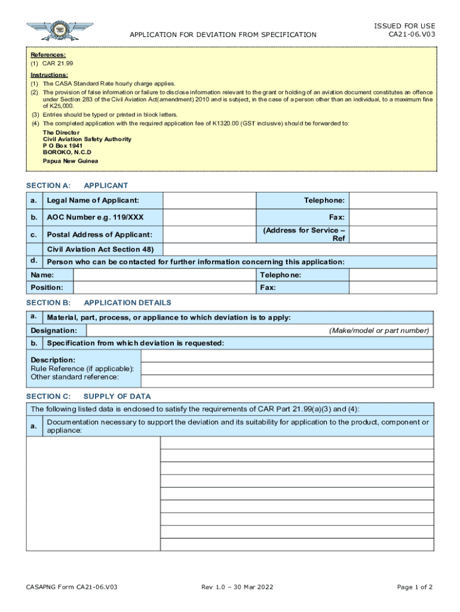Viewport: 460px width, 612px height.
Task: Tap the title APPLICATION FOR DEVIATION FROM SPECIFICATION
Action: pyautogui.click(x=223, y=35)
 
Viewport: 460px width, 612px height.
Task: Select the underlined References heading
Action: pyautogui.click(x=48, y=54)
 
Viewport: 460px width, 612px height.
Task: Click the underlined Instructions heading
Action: pyautogui.click(x=49, y=75)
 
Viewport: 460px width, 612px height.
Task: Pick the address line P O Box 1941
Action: pyautogui.click(x=63, y=146)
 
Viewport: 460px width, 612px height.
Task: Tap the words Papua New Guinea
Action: pyautogui.click(x=70, y=161)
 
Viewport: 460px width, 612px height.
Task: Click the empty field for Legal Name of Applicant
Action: pyautogui.click(x=210, y=200)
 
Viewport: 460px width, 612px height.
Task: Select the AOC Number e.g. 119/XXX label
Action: pyautogui.click(x=95, y=217)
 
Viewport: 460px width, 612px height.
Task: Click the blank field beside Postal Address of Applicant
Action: pyautogui.click(x=210, y=234)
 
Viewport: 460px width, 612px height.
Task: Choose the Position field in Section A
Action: pyautogui.click(x=165, y=288)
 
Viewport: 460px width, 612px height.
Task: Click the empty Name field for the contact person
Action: pyautogui.click(x=165, y=275)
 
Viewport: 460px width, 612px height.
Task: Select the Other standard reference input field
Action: pyautogui.click(x=287, y=381)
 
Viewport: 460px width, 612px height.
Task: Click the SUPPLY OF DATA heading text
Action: pyautogui.click(x=117, y=396)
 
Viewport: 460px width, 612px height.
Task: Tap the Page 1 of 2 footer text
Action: pyautogui.click(x=415, y=587)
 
